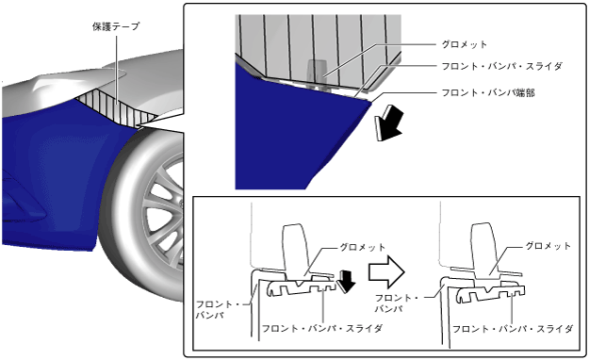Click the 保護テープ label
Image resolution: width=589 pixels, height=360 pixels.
click(116, 26)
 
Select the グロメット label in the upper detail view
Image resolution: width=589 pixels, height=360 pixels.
click(465, 44)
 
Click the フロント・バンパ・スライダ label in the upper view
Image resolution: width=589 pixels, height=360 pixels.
click(502, 66)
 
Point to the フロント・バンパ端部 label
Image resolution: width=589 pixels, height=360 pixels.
click(488, 92)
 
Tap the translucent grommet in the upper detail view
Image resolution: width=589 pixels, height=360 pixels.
click(317, 74)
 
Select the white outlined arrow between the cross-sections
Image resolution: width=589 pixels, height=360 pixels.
click(386, 272)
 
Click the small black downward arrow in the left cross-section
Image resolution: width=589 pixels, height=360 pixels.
click(346, 282)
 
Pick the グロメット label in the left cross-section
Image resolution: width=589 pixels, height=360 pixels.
click(363, 247)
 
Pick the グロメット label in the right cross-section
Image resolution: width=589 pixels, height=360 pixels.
click(548, 246)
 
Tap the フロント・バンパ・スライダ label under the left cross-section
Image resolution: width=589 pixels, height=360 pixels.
click(322, 329)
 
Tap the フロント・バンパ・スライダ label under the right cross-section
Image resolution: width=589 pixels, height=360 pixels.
click(513, 329)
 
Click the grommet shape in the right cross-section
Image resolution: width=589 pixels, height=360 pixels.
click(486, 251)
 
